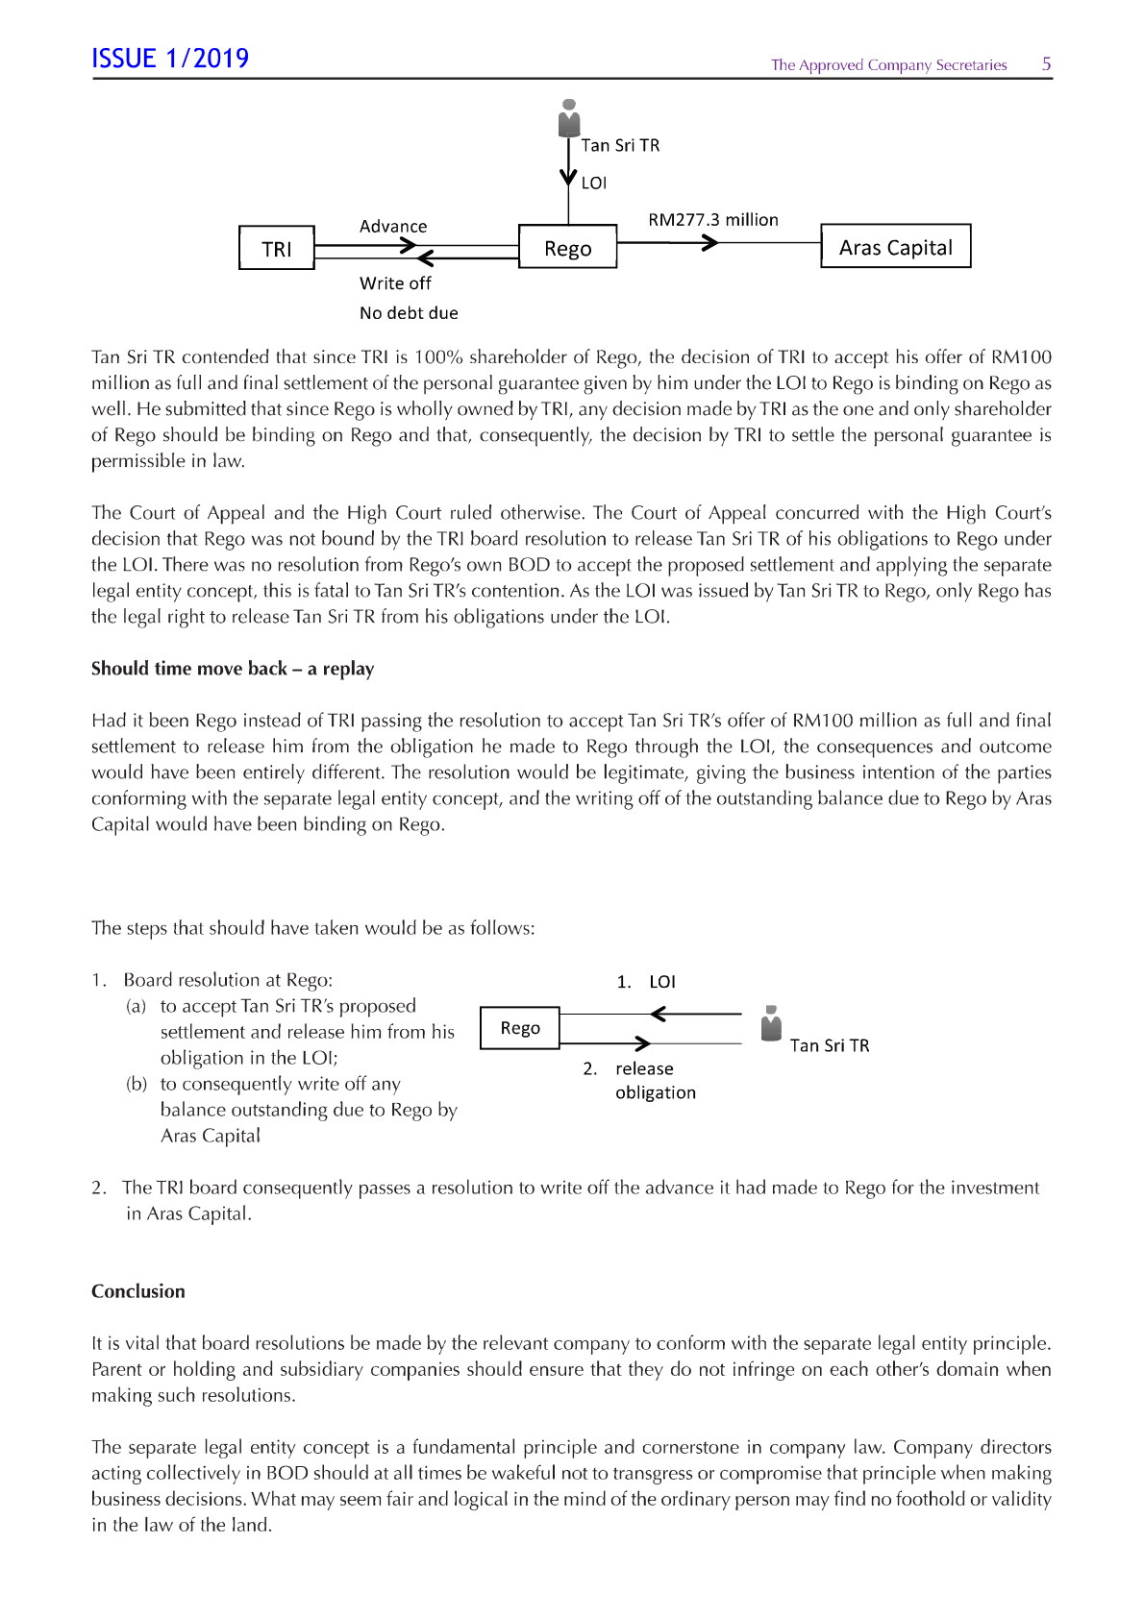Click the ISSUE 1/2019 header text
170,59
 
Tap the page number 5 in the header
1046,64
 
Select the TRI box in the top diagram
277,249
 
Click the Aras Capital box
895,247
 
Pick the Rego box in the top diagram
567,248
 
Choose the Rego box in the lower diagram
520,1028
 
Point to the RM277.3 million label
713,220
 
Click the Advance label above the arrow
393,227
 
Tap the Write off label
395,283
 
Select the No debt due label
409,313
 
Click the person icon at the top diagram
569,118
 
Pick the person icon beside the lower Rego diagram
771,1024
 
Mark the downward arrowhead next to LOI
568,180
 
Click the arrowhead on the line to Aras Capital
709,243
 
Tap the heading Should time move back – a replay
233,669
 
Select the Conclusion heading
138,1291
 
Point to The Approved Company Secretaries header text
888,65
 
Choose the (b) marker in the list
137,1084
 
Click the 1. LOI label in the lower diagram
646,982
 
